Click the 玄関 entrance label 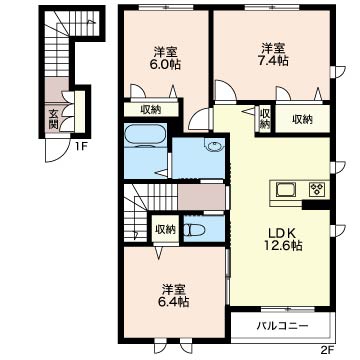[x=53, y=119]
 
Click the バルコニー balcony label [x=282, y=325]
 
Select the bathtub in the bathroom [x=145, y=135]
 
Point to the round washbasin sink [x=213, y=146]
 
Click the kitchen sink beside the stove [x=285, y=190]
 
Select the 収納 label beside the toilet [x=165, y=230]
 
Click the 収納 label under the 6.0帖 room [x=150, y=109]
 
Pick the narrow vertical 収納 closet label [x=265, y=119]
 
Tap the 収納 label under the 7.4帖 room [x=303, y=119]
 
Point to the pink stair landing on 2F [x=201, y=197]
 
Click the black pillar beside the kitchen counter [x=309, y=204]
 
